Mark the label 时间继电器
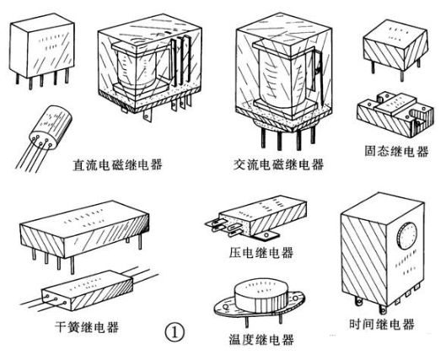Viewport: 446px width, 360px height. [381, 323]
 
